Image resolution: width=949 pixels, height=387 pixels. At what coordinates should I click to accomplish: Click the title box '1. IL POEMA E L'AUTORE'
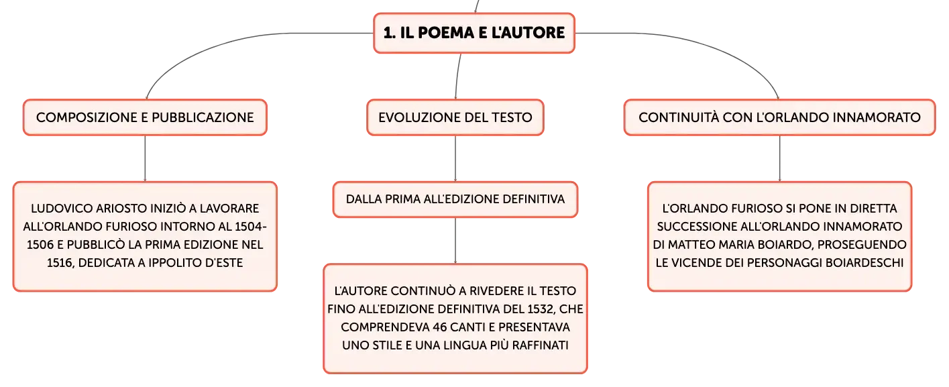474,33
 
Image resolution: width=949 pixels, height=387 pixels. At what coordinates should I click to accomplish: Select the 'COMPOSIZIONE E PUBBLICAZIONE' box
145,117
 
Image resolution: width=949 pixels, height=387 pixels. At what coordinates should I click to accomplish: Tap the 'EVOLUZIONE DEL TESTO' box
455,117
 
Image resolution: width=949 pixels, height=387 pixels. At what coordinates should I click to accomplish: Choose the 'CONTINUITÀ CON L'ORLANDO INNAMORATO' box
779,117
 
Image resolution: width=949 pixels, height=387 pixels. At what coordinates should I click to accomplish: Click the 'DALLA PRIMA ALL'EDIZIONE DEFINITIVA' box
455,200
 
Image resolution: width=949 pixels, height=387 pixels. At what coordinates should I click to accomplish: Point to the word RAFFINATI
540,345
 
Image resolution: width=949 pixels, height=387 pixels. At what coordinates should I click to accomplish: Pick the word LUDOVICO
62,209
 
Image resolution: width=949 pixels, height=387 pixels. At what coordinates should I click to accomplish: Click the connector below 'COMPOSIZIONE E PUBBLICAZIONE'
145,158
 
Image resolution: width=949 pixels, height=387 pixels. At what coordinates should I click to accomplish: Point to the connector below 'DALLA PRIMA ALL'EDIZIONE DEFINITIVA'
455,241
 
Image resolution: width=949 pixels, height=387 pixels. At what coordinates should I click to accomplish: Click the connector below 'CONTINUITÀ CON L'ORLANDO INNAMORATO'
779,158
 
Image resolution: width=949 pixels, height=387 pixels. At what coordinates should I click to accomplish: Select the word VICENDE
695,263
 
